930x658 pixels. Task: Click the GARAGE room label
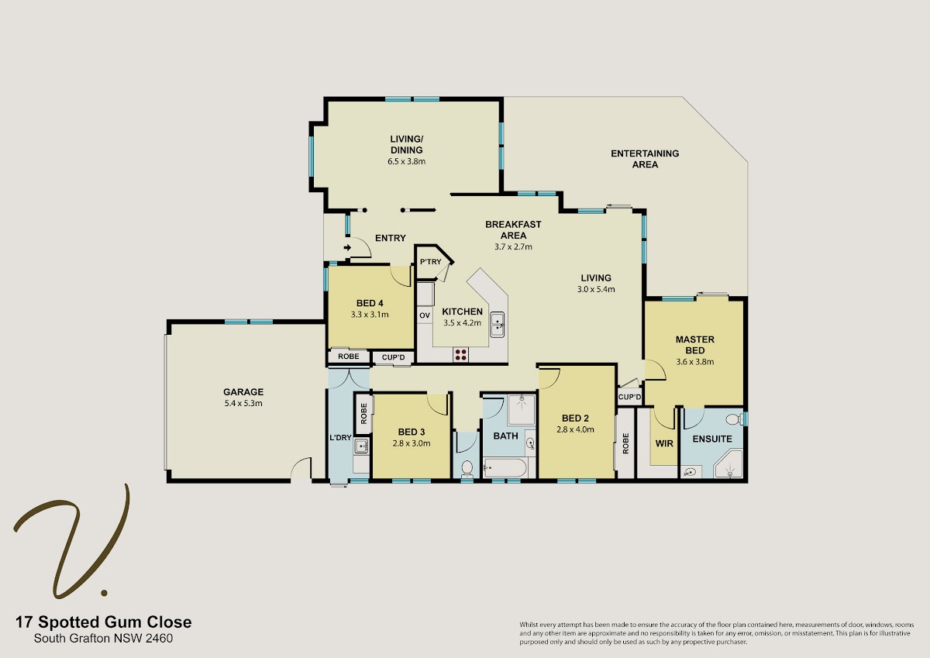click(243, 392)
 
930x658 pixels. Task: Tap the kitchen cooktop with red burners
click(460, 355)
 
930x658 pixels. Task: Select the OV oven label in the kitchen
click(425, 315)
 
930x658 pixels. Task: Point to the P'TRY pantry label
click(431, 261)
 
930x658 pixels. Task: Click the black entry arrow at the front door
click(347, 248)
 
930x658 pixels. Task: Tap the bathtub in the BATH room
click(505, 468)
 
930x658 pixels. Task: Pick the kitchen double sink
click(498, 325)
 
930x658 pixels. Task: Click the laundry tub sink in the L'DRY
click(362, 446)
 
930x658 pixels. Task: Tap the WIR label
click(664, 443)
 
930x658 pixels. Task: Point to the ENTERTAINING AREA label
click(645, 159)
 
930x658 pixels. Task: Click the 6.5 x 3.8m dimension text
click(406, 161)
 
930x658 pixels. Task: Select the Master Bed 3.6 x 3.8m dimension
click(695, 362)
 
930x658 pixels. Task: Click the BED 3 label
click(411, 432)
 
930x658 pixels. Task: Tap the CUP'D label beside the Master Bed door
click(629, 397)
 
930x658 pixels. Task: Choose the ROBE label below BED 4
click(348, 357)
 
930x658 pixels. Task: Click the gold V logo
click(71, 541)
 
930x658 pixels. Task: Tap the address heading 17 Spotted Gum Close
click(103, 622)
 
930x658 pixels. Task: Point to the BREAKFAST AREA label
click(513, 230)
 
